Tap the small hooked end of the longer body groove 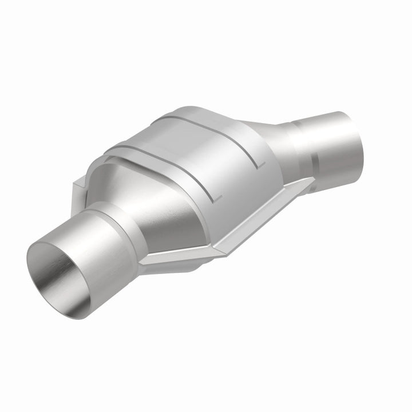click(x=217, y=197)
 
